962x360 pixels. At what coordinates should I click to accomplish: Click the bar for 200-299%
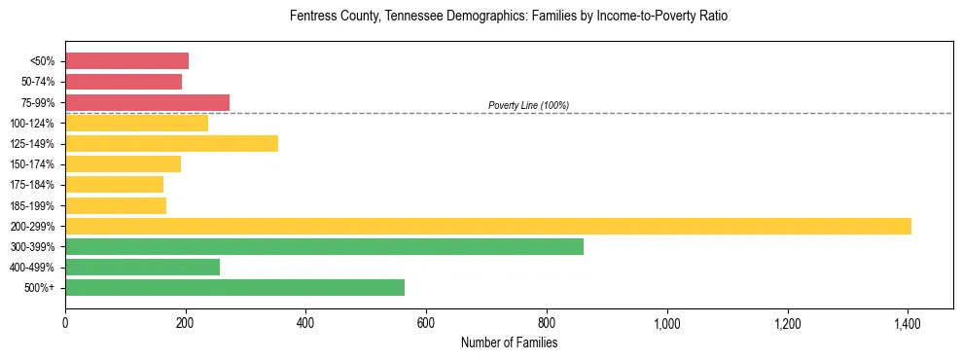488,226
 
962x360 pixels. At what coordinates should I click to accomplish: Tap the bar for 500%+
234,287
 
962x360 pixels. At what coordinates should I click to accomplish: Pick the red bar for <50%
126,61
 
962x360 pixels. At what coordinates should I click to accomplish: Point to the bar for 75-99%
147,102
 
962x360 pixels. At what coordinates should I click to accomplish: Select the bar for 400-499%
142,267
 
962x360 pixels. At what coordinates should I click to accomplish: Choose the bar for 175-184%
114,184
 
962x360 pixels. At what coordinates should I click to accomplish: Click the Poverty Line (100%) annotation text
528,105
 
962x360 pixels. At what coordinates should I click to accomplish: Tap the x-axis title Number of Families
509,342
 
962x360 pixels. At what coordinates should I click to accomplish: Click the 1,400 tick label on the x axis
908,323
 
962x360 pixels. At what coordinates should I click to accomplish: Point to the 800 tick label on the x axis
547,323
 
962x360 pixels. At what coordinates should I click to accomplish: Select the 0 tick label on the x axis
65,323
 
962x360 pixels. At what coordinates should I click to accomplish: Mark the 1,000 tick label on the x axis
667,323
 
